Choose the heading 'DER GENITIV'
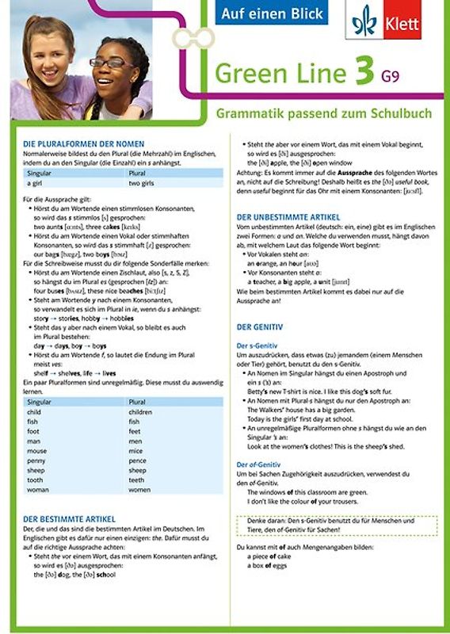[x=261, y=326]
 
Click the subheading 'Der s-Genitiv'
[x=258, y=346]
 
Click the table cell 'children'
[x=140, y=412]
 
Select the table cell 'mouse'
[x=36, y=450]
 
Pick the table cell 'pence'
[x=137, y=460]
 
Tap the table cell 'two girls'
[x=141, y=182]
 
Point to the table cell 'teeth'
[x=136, y=479]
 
